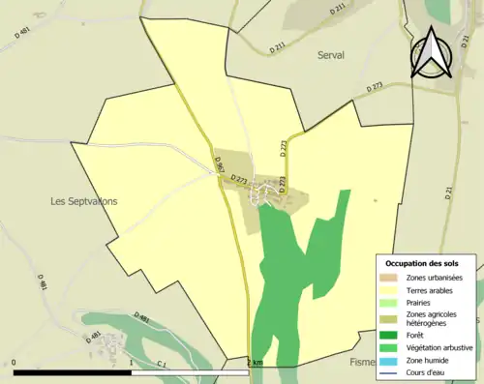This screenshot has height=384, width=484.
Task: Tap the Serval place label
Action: pyautogui.click(x=331, y=56)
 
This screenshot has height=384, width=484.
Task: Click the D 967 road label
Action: pyautogui.click(x=220, y=166)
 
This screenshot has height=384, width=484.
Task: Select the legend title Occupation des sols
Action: pyautogui.click(x=422, y=263)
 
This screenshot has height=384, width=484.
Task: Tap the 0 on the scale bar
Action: pyautogui.click(x=15, y=363)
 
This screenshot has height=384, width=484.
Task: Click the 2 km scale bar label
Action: pyautogui.click(x=255, y=362)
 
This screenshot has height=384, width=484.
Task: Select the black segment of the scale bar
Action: pyautogui.click(x=72, y=372)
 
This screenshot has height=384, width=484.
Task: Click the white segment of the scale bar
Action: pyautogui.click(x=189, y=372)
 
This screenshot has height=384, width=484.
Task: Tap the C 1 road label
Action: pyautogui.click(x=161, y=363)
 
